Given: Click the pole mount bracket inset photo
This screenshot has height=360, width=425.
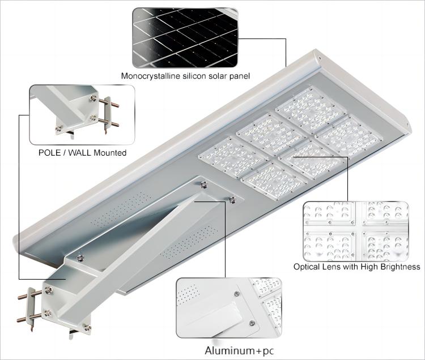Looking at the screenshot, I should (x=82, y=114).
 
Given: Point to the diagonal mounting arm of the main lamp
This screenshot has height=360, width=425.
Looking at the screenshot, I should (x=142, y=249).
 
